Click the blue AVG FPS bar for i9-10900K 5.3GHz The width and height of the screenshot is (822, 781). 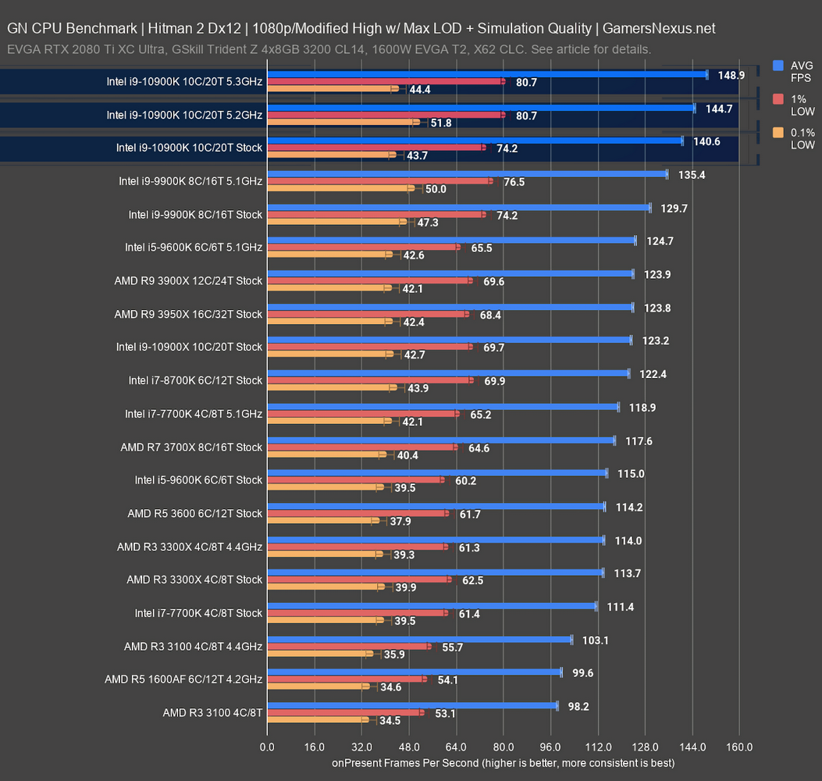484,75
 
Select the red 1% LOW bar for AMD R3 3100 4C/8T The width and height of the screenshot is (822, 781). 343,712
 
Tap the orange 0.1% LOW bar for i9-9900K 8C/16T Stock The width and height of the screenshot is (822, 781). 336,222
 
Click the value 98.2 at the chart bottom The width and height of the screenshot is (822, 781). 578,705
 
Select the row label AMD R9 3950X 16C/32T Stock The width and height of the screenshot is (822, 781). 188,314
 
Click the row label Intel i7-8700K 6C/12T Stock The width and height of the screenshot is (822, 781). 195,380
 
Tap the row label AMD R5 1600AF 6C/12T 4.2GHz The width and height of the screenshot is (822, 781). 183,679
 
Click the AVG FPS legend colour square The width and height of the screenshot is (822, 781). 778,66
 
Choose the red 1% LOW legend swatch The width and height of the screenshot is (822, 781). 778,99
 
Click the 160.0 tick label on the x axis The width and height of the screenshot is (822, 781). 739,747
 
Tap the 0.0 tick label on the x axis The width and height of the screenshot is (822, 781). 267,747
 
